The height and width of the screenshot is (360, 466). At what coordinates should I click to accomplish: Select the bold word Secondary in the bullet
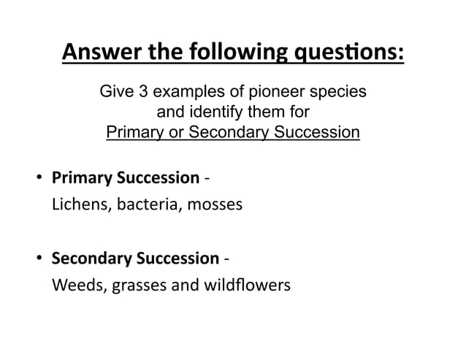(x=81, y=258)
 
